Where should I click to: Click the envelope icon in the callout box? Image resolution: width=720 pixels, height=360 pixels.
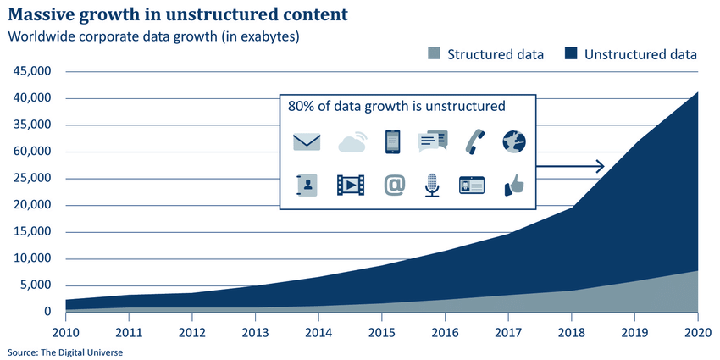click(x=307, y=141)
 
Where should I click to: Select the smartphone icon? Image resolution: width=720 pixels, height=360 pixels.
click(x=392, y=141)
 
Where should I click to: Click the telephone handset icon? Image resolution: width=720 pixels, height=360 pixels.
click(x=474, y=141)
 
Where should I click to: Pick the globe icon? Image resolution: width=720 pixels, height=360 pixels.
click(x=514, y=141)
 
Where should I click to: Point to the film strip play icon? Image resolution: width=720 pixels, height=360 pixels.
click(x=351, y=185)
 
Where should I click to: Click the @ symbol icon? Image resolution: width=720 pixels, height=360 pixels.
click(x=394, y=185)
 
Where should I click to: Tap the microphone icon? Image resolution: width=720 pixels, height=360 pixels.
click(x=432, y=185)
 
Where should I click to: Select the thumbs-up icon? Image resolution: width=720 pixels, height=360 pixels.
click(x=513, y=185)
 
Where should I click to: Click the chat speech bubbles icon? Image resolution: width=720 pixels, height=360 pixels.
click(x=432, y=141)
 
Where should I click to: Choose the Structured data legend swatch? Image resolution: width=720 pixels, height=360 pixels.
click(x=433, y=55)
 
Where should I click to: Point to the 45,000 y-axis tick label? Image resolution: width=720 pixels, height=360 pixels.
click(x=33, y=72)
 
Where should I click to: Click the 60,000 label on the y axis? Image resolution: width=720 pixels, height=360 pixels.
click(x=33, y=152)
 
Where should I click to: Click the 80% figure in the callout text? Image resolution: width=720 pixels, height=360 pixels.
click(x=302, y=107)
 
